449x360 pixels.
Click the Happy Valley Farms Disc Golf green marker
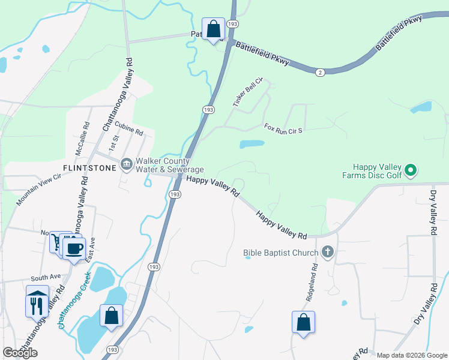[411, 171]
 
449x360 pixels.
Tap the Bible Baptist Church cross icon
[328, 252]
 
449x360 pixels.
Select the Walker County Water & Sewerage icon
[127, 164]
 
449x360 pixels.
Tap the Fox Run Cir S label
[286, 128]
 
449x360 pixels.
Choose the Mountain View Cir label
[39, 190]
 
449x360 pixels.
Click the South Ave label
[46, 278]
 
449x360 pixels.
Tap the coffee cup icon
[74, 248]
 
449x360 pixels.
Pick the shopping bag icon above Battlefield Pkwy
[213, 28]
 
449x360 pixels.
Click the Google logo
[20, 353]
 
